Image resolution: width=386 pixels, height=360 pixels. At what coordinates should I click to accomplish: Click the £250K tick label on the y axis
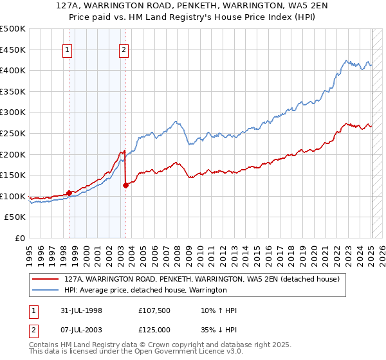coord(14,133)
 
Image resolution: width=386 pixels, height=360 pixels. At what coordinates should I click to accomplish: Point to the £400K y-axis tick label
coord(14,70)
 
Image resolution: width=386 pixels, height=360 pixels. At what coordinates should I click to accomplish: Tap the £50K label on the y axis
coord(16,217)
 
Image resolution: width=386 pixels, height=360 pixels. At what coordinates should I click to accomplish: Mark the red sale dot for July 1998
coord(69,193)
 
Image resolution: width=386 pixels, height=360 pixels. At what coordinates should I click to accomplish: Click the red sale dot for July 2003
coord(125,186)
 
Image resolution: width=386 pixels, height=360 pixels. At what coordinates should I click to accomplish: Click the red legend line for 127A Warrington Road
coord(46,279)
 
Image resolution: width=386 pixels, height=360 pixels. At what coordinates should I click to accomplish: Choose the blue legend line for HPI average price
coord(46,290)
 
